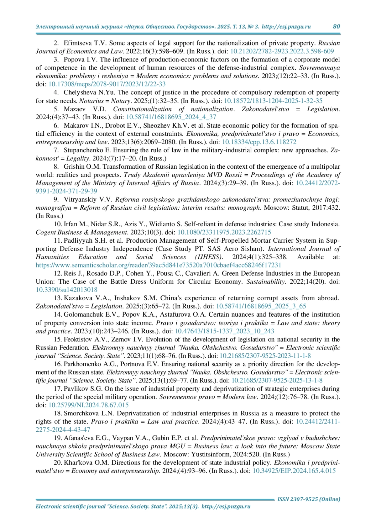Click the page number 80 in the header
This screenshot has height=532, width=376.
(x=336, y=26)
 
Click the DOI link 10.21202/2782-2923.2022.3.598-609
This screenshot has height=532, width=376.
(x=282, y=51)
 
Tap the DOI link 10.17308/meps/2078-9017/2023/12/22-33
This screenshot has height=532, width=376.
(x=107, y=84)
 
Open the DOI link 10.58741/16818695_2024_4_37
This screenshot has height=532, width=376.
(x=171, y=117)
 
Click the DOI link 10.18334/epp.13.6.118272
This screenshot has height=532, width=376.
(x=259, y=142)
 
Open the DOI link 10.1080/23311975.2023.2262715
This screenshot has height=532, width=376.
(x=224, y=232)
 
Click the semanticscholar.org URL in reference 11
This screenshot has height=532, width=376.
(x=158, y=265)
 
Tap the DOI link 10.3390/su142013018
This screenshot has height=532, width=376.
(x=66, y=290)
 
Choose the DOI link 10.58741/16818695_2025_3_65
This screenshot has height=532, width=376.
(x=261, y=306)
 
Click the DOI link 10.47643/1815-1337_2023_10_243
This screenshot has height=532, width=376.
(x=224, y=331)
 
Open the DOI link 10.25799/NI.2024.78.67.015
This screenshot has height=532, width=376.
(x=88, y=405)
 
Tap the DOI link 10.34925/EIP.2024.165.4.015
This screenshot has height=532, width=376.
(x=294, y=471)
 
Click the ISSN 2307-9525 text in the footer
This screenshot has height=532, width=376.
(x=309, y=499)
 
